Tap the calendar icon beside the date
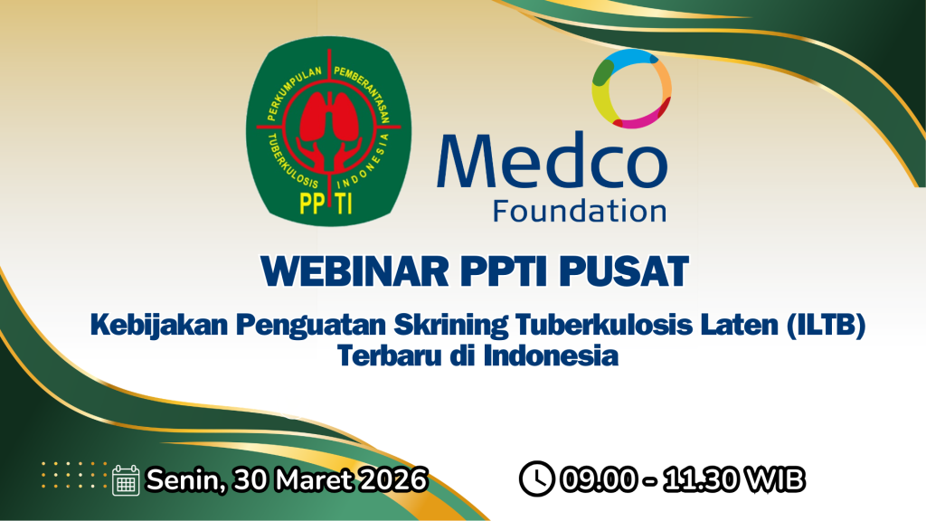click(126, 480)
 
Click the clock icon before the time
click(537, 478)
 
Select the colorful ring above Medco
click(631, 89)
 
